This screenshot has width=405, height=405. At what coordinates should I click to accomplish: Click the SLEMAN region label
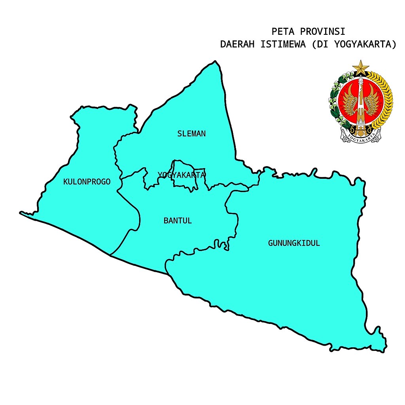(191, 134)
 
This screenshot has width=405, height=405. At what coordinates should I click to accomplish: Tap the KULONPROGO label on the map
(87, 182)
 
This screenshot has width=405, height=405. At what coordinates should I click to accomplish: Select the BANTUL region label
(178, 221)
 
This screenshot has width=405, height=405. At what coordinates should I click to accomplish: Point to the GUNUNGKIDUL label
(294, 243)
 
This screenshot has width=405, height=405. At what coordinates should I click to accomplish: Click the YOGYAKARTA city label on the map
(182, 175)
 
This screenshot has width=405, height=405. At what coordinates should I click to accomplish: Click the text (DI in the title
(320, 44)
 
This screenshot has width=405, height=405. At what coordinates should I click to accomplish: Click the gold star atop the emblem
(360, 68)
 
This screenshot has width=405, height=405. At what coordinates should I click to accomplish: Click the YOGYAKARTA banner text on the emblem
(360, 138)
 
